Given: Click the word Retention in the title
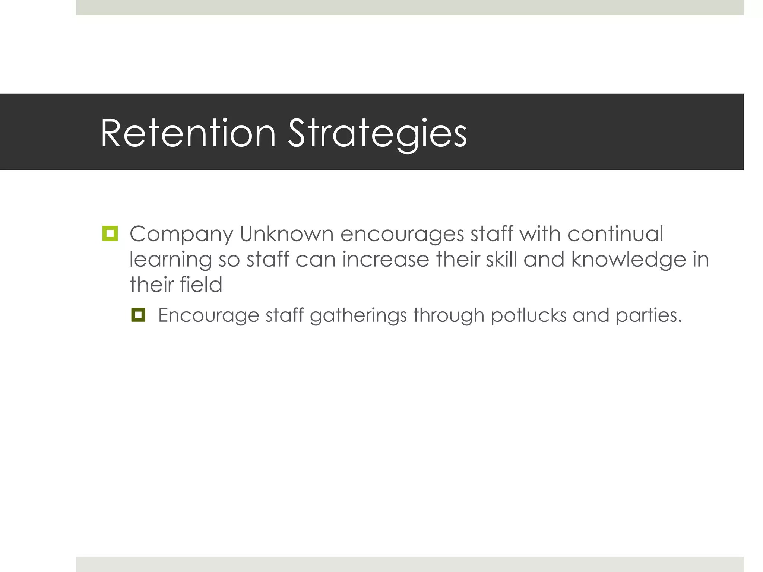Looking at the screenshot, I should pyautogui.click(x=188, y=133).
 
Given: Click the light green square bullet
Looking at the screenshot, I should pyautogui.click(x=110, y=233).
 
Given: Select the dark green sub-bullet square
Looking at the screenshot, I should pyautogui.click(x=138, y=315).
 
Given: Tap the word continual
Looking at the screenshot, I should pyautogui.click(x=615, y=234).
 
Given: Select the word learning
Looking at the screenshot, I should pyautogui.click(x=171, y=260).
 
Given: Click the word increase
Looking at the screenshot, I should pyautogui.click(x=386, y=259).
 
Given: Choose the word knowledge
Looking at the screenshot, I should pyautogui.click(x=629, y=260).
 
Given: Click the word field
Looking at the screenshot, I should pyautogui.click(x=201, y=285).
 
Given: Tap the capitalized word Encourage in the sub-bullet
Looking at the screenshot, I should pyautogui.click(x=209, y=316).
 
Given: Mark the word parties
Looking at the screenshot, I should pyautogui.click(x=649, y=316).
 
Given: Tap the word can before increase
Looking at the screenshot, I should pyautogui.click(x=316, y=260).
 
